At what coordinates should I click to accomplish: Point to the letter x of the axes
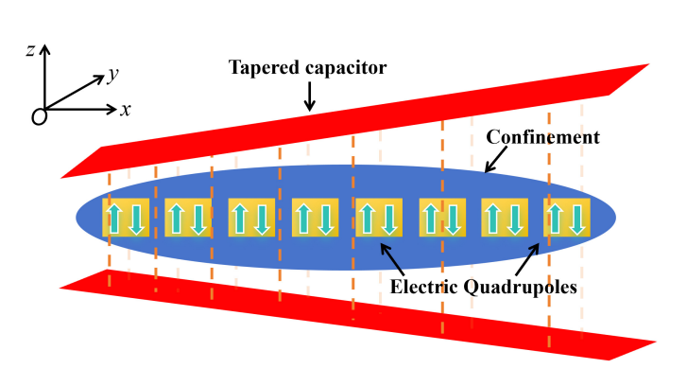pos(125,110)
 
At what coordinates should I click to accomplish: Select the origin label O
pos(39,116)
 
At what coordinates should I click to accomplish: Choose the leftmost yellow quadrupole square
pos(126,219)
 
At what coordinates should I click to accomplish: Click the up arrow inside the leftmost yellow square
pos(115,219)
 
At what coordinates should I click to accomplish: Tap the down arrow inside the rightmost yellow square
pos(577,219)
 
